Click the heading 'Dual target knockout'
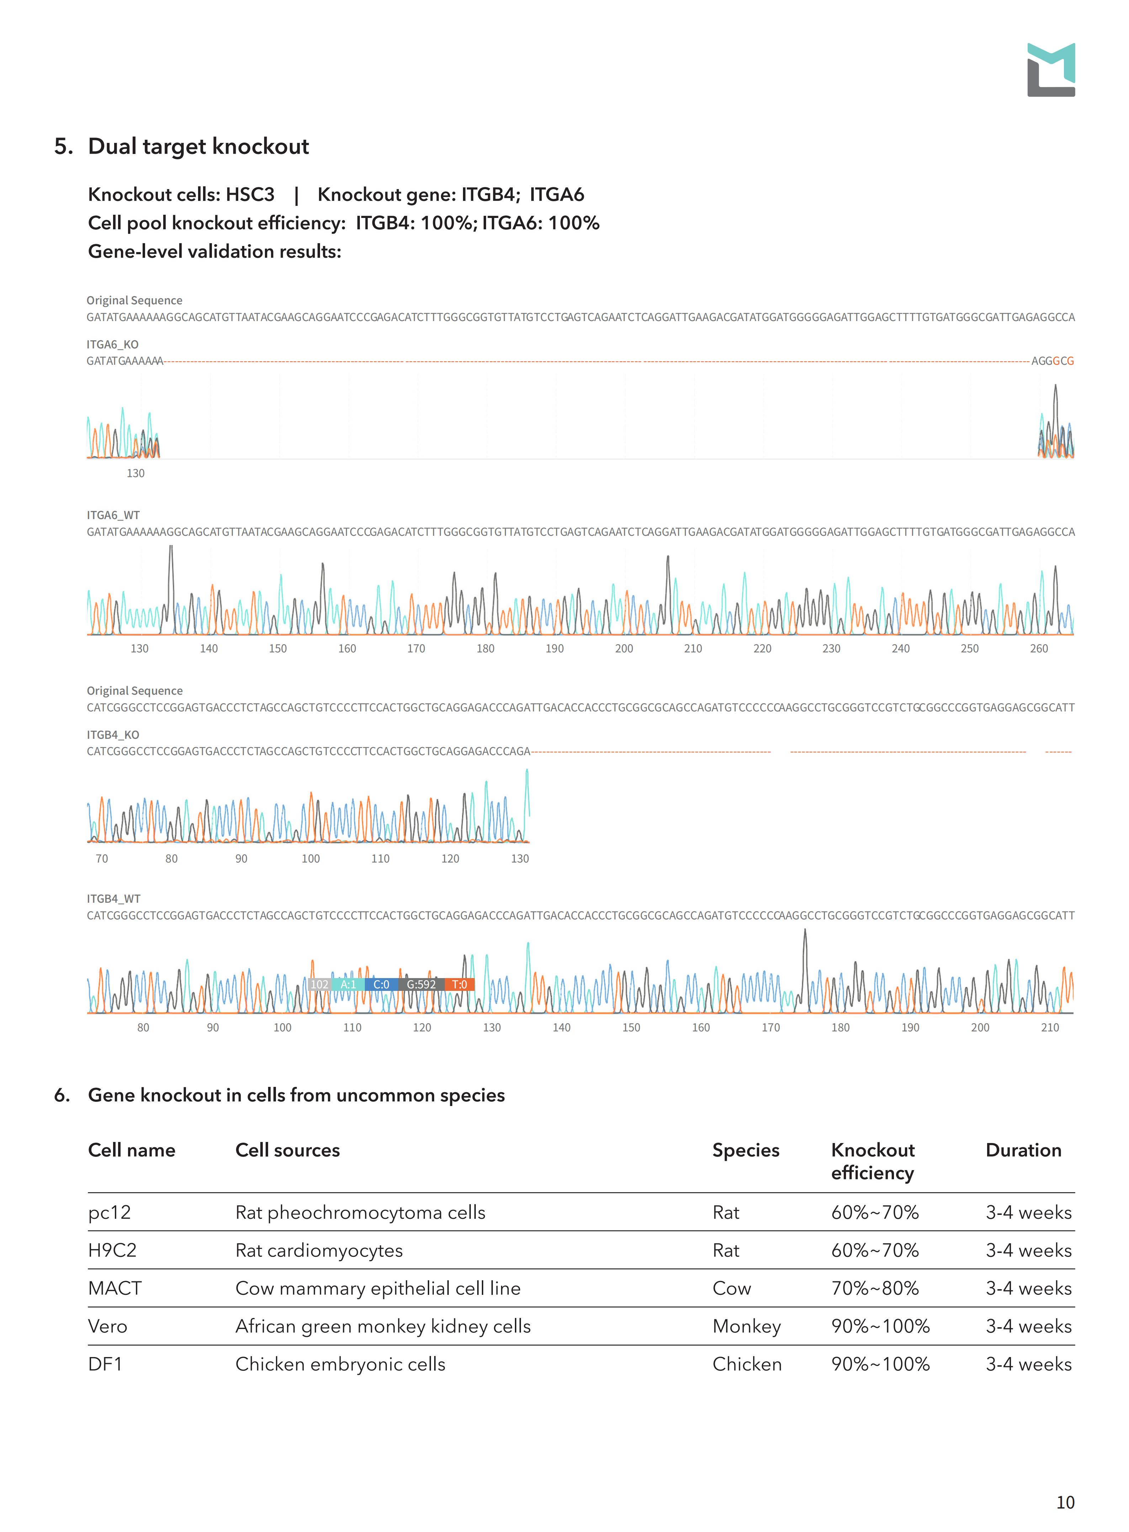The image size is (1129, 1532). coord(198,146)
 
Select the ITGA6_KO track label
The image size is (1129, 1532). coord(113,345)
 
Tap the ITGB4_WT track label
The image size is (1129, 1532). coord(113,898)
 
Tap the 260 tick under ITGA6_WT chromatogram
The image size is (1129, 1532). coord(1039,648)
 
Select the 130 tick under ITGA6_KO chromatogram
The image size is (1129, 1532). coord(135,473)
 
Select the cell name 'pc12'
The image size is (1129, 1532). coord(110,1212)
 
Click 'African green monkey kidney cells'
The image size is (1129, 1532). coord(383,1326)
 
